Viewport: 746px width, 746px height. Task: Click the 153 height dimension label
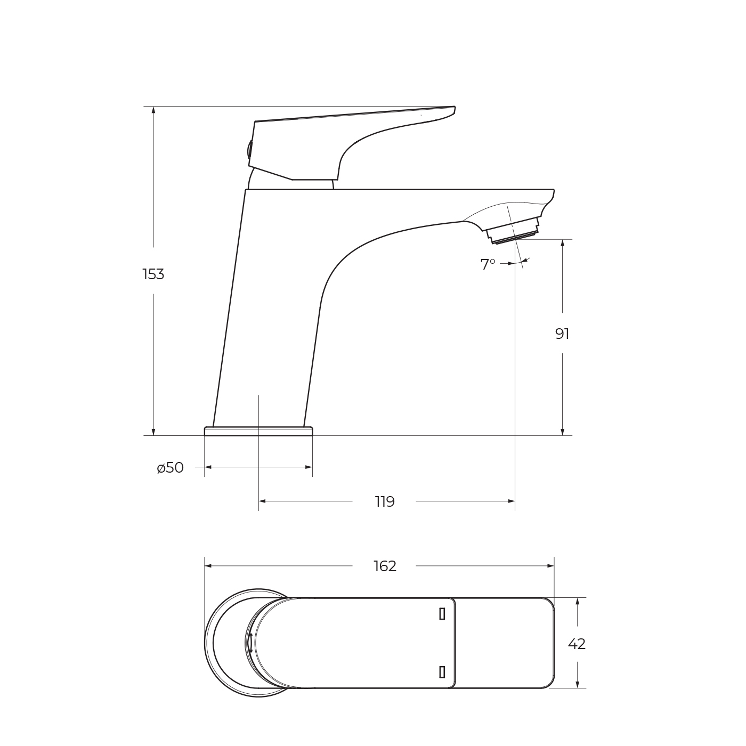(x=153, y=274)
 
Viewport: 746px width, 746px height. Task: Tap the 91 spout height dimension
(x=562, y=334)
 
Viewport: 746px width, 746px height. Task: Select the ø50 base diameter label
(x=171, y=468)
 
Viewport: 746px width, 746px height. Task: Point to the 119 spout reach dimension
(x=384, y=502)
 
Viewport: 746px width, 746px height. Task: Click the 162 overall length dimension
(x=385, y=566)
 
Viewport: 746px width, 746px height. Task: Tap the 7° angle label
(x=488, y=265)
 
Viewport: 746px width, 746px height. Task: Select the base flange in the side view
(x=258, y=431)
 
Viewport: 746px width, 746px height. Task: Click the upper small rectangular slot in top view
(x=442, y=614)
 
